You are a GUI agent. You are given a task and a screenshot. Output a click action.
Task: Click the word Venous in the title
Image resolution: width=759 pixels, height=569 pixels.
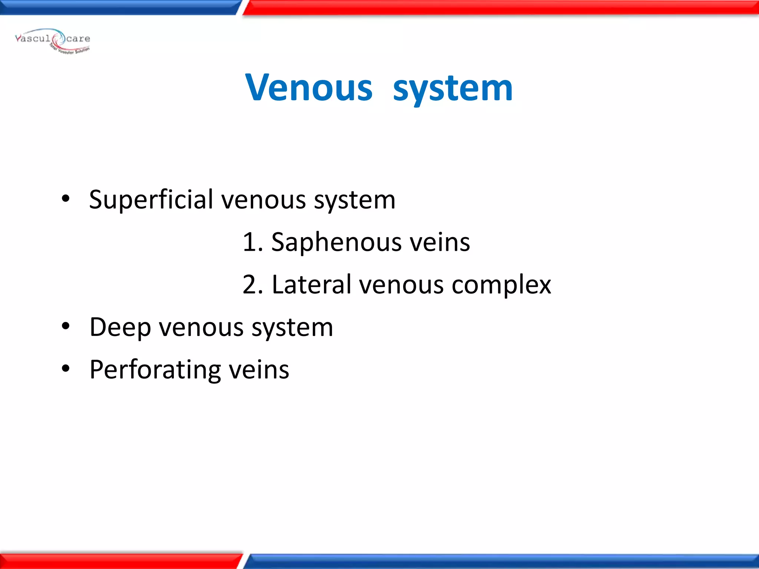pyautogui.click(x=309, y=88)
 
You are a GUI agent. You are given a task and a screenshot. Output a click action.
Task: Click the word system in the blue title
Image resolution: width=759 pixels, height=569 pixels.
pyautogui.click(x=453, y=89)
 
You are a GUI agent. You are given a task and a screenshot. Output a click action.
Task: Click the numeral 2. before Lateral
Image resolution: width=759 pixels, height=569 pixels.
pyautogui.click(x=252, y=285)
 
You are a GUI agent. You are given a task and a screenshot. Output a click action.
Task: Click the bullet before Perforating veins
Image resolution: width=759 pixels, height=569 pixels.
pyautogui.click(x=66, y=369)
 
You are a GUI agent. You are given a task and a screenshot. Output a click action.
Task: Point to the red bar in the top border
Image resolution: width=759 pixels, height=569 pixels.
pyautogui.click(x=500, y=7)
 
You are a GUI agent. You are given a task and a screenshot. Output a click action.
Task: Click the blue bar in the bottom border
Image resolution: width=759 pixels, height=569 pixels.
pyautogui.click(x=500, y=562)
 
